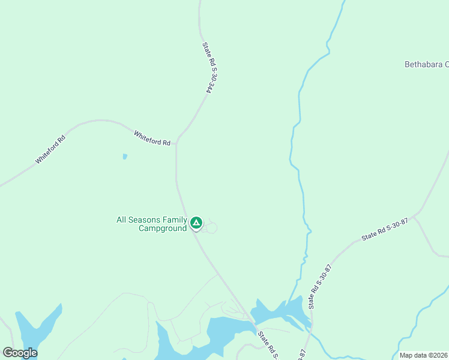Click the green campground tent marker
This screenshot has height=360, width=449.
196,223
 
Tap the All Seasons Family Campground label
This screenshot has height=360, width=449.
152,224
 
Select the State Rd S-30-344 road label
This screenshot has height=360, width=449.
208,67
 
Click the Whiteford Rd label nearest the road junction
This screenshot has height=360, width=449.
152,138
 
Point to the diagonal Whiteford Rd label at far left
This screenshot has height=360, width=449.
50,150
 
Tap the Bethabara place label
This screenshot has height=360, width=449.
426,64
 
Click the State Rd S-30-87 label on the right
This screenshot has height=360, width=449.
385,230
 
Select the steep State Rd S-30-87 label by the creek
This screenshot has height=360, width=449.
320,287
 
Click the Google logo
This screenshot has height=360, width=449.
20,353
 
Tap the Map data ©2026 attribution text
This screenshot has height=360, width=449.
423,355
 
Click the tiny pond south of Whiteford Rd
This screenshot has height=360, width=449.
125,157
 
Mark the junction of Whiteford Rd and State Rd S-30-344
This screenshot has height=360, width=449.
176,144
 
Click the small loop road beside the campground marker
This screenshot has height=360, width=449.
209,227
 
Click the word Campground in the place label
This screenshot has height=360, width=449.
163,229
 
